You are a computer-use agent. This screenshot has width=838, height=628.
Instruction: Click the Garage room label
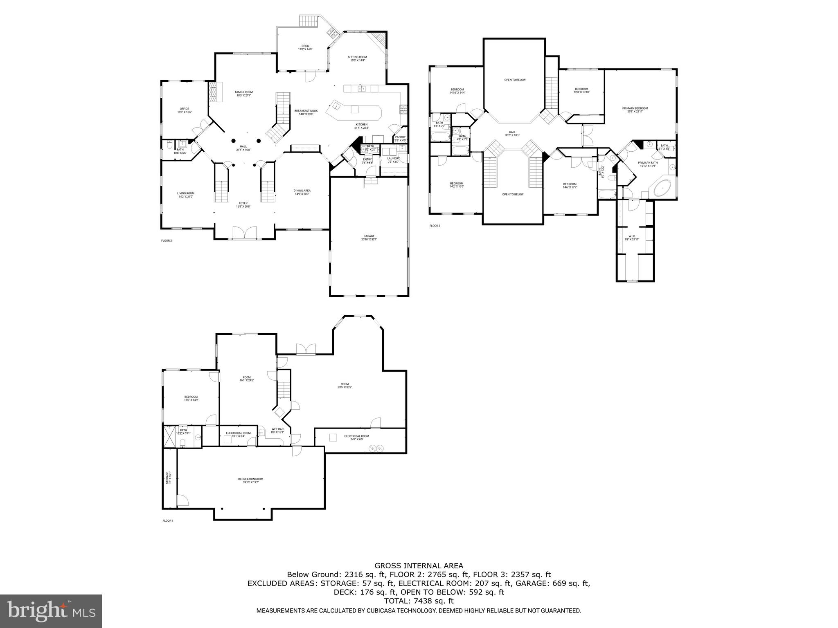pos(369,238)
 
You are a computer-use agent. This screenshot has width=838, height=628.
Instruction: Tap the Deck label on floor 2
pos(305,47)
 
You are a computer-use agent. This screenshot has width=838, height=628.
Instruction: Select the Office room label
pos(185,110)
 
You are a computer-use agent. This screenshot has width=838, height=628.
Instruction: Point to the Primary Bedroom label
pos(635,110)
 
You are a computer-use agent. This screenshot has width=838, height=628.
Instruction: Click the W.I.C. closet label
pos(632,238)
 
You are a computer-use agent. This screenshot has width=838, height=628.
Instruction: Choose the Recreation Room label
pos(250,480)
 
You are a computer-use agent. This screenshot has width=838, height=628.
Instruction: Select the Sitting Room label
pos(357,58)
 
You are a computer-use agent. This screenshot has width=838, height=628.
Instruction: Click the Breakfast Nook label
pos(306,112)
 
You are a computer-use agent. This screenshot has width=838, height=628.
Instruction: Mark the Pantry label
pos(400,139)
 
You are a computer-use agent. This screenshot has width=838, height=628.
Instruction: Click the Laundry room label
pos(393,160)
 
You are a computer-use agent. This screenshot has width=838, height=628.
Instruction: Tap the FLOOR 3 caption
pos(435,226)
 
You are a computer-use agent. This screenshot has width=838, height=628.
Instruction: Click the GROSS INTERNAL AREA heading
pos(419,566)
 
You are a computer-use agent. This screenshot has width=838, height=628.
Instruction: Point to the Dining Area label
pos(302,192)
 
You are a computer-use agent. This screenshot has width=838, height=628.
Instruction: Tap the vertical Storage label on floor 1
pos(168,478)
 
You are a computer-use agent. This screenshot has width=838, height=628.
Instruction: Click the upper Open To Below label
pos(514,80)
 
